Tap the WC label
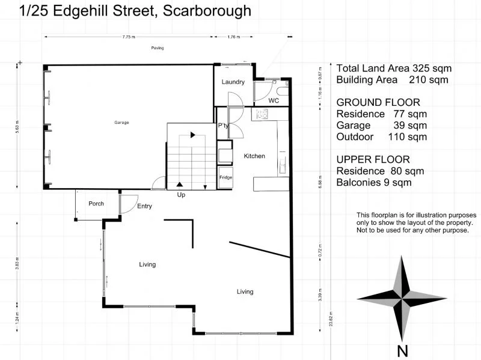(x=274, y=101)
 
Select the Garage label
(x=122, y=123)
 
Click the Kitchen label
(x=254, y=156)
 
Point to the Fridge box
(x=226, y=178)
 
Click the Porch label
(x=96, y=204)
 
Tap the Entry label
(x=144, y=206)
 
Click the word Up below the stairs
(x=181, y=195)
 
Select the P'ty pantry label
(x=222, y=126)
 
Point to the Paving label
(x=158, y=48)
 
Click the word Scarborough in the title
(x=205, y=11)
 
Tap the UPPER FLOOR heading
(x=373, y=159)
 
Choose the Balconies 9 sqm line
(x=374, y=182)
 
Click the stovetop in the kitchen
(x=262, y=114)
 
